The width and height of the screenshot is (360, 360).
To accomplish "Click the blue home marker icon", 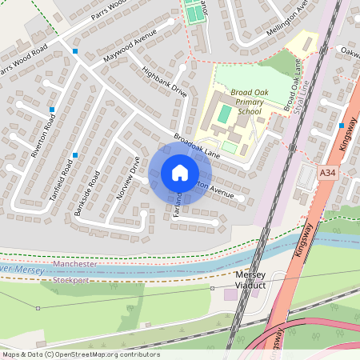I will [180, 173].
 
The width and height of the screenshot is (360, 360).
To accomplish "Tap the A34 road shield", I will [327, 170].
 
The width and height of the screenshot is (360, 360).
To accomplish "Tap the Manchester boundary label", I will [74, 264].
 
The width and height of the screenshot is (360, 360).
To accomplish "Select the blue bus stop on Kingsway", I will [342, 126].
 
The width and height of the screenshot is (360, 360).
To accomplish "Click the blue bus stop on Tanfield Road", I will [74, 154].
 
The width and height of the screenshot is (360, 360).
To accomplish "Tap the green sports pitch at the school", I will [224, 116].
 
